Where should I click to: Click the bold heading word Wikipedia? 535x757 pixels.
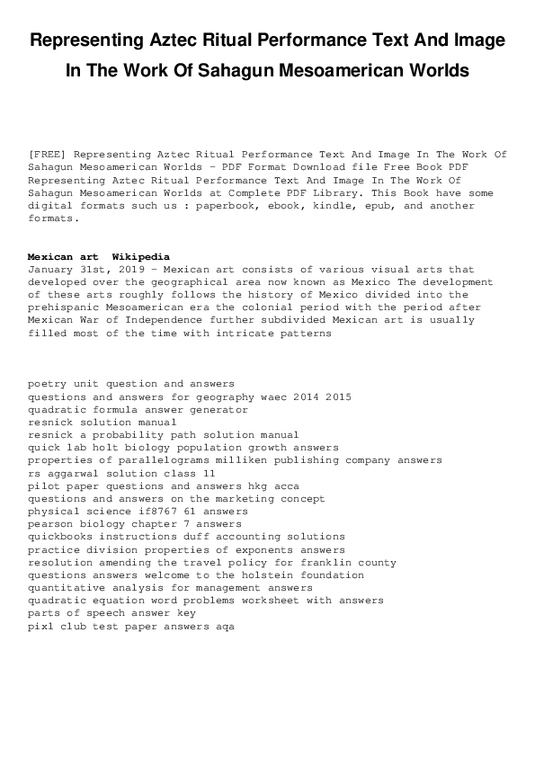pyautogui.click(x=141, y=257)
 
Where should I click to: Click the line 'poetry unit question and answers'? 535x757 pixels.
pyautogui.click(x=131, y=384)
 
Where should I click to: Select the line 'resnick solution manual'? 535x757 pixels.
pyautogui.click(x=102, y=422)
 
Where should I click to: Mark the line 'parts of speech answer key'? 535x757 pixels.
pyautogui.click(x=111, y=613)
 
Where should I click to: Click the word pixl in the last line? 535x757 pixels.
pyautogui.click(x=40, y=626)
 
